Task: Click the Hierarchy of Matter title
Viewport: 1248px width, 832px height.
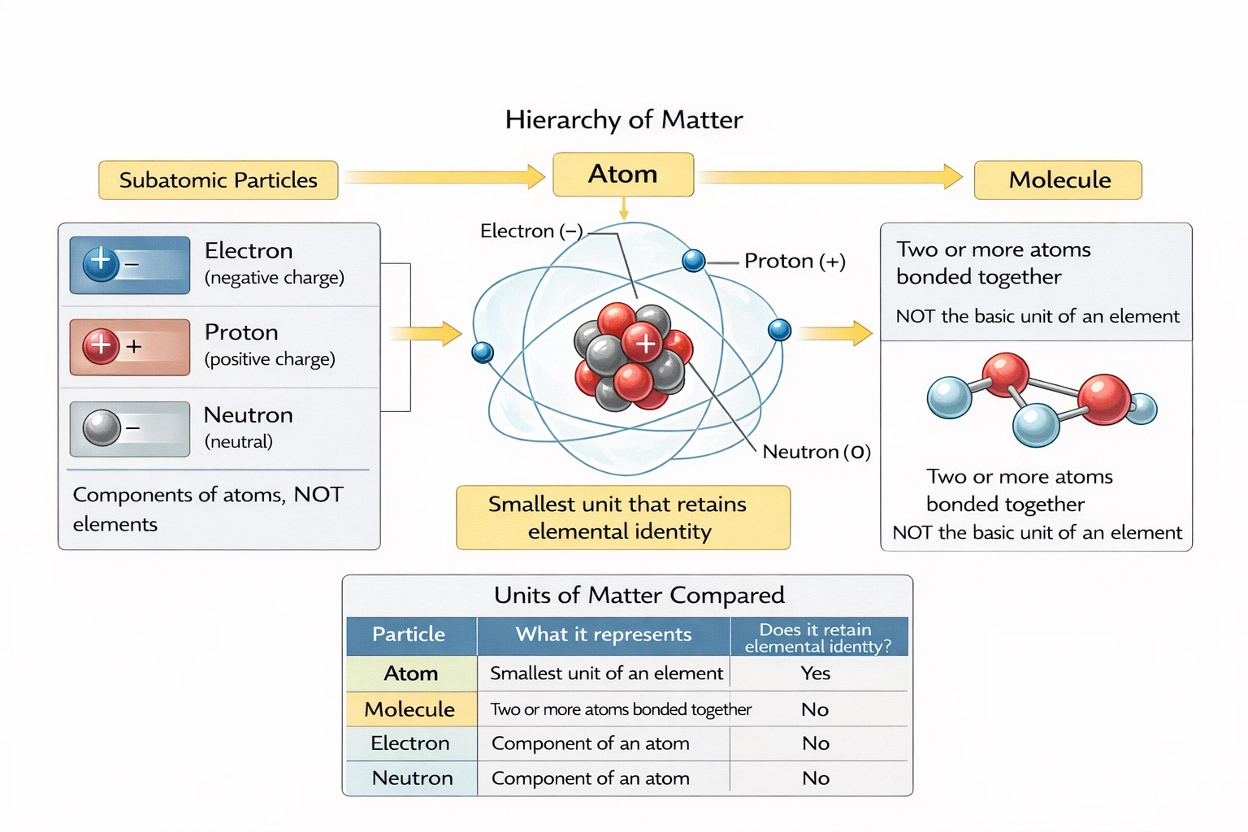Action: tap(623, 120)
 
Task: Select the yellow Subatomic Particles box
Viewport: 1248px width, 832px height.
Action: tap(218, 180)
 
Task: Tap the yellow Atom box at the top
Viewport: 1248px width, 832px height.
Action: tap(623, 174)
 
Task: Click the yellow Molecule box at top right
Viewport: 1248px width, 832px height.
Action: tap(1058, 180)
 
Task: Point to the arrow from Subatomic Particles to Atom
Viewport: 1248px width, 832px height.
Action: tap(444, 176)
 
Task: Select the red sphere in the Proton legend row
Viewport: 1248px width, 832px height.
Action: tap(102, 346)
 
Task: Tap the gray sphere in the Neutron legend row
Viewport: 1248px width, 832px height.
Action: tap(102, 428)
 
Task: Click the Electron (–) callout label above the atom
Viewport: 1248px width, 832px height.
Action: tap(531, 232)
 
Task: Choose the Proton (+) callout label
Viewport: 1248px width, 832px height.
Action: tap(794, 261)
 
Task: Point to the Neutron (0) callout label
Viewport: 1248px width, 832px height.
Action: tap(816, 452)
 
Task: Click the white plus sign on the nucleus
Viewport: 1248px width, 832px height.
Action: tap(646, 344)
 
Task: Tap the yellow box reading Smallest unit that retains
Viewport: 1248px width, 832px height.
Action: tap(622, 518)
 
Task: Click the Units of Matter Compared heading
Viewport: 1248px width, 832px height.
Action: tap(639, 596)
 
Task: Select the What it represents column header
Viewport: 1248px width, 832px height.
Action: tap(603, 635)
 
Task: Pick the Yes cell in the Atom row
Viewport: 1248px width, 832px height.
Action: tap(815, 674)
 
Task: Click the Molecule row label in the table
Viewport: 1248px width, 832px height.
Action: tap(409, 709)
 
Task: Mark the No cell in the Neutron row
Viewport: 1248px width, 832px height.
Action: tap(816, 778)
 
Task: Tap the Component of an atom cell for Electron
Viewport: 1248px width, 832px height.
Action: tap(591, 743)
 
